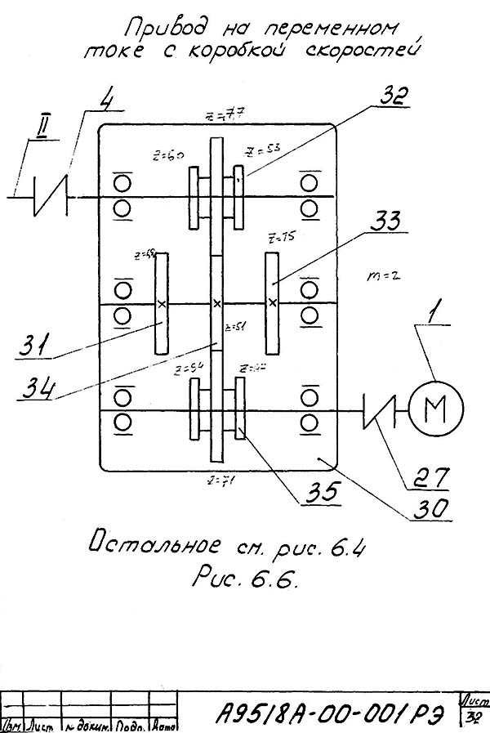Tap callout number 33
pyautogui.click(x=385, y=221)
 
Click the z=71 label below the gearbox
pyautogui.click(x=220, y=480)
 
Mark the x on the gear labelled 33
pyautogui.click(x=273, y=303)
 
